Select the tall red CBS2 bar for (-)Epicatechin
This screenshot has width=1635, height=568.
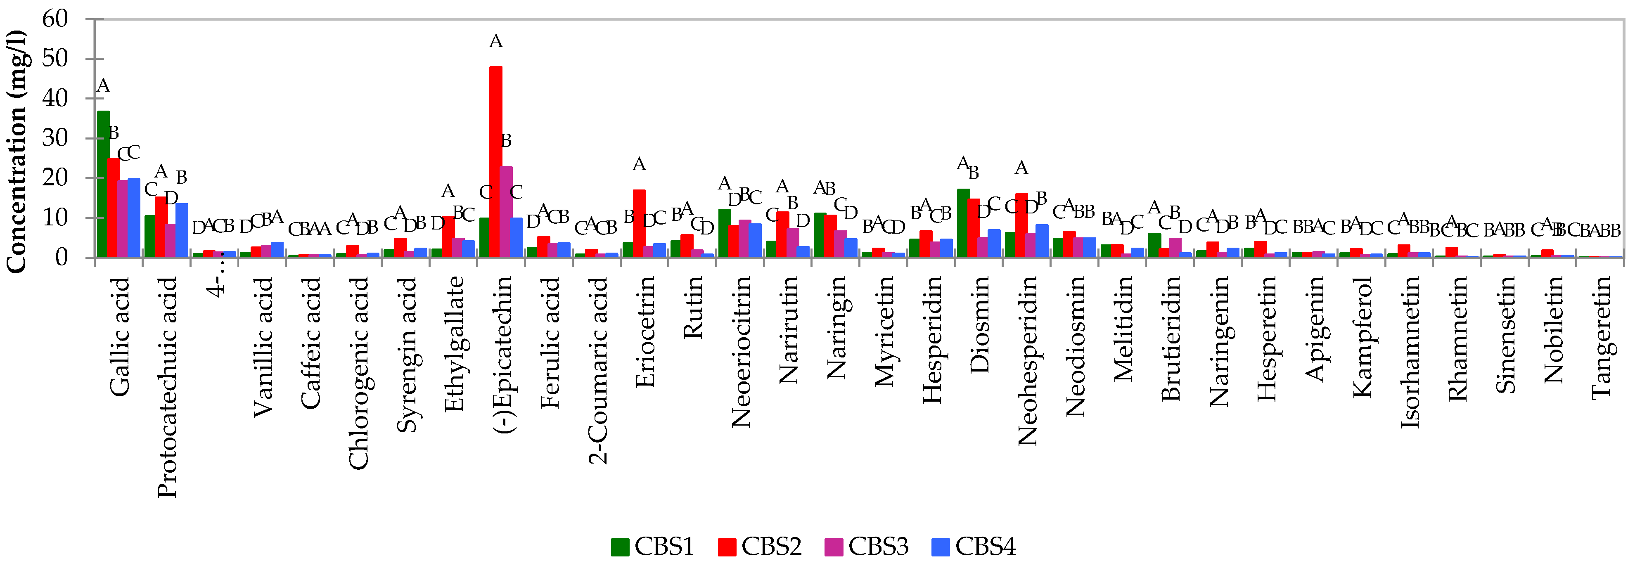[496, 162]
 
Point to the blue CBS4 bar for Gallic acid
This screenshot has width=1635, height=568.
[134, 218]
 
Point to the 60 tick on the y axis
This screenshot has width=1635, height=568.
[55, 19]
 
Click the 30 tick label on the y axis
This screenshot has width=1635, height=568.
[55, 138]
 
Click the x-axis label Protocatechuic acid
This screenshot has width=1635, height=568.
[167, 387]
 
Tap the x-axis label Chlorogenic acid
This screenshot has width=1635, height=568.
[359, 373]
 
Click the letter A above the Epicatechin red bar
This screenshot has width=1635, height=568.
[496, 42]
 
